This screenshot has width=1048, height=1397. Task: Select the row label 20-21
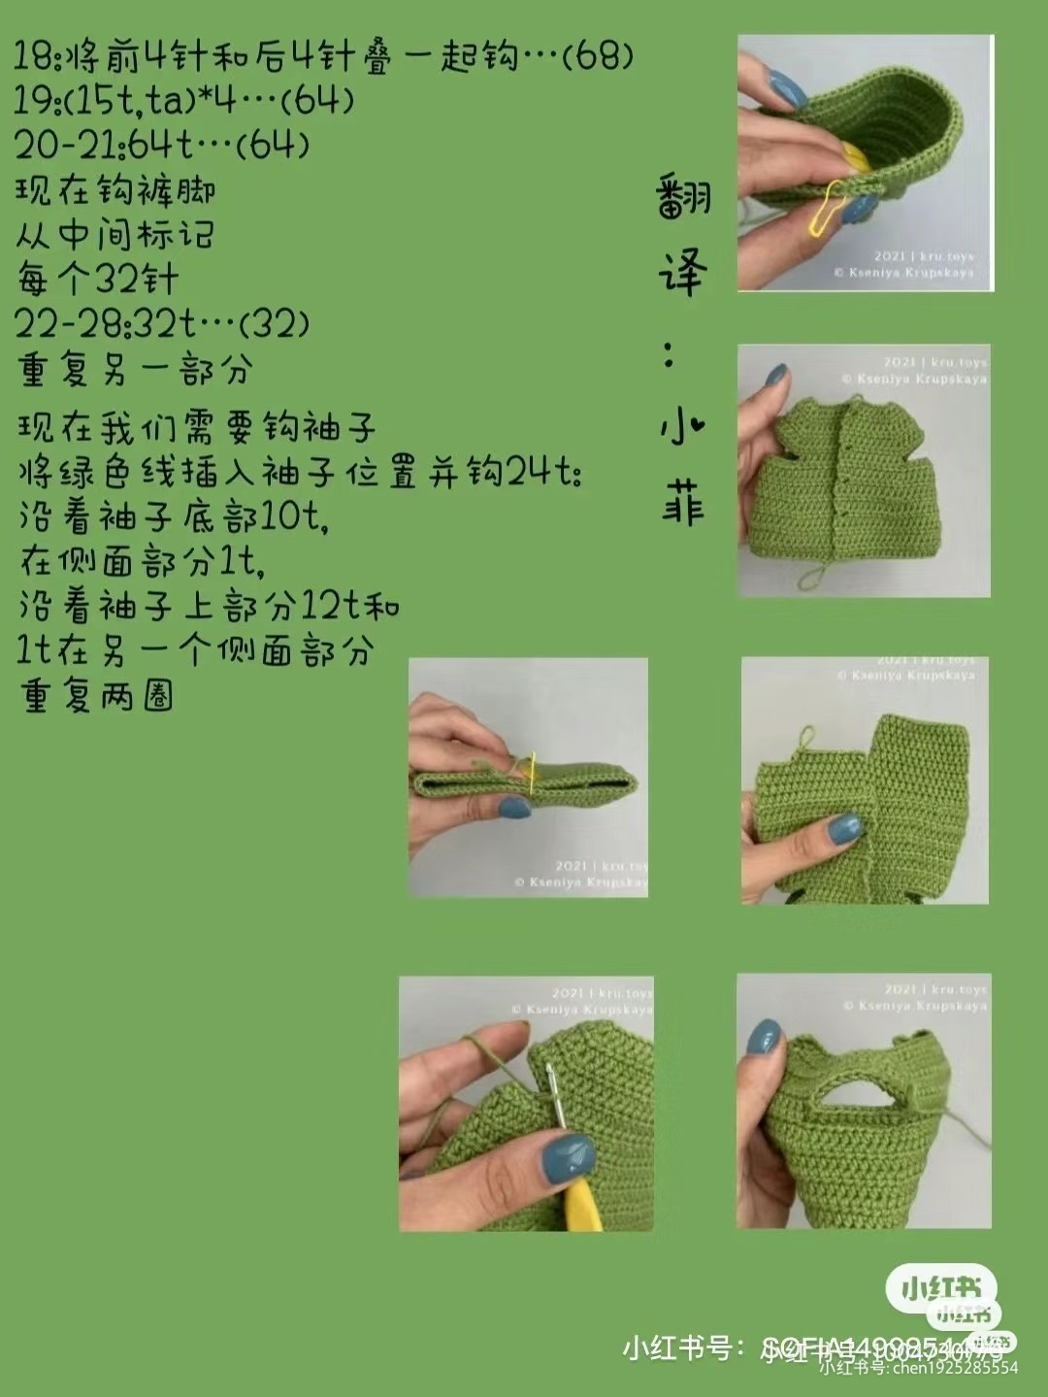click(x=63, y=146)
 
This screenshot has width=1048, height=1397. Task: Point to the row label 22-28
click(x=63, y=324)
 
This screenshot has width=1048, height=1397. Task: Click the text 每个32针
click(x=97, y=280)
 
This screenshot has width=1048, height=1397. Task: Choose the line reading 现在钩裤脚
click(x=115, y=190)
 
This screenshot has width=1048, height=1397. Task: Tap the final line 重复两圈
click(x=96, y=695)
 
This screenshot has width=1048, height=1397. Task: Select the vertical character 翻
click(x=683, y=198)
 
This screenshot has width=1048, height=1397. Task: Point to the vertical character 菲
click(x=683, y=504)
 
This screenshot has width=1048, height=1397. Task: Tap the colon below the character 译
click(x=670, y=355)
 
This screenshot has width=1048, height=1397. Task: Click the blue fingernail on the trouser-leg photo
click(x=844, y=828)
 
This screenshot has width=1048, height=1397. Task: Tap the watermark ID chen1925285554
click(x=917, y=1368)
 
